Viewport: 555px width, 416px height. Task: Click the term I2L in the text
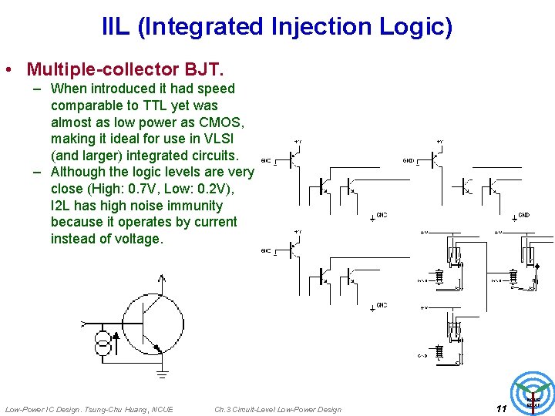66,206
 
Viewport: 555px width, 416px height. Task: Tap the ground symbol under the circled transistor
162,374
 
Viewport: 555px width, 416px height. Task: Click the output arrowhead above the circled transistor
161,278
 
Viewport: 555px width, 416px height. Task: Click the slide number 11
501,408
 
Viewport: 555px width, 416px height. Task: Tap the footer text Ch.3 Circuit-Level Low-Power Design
277,409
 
